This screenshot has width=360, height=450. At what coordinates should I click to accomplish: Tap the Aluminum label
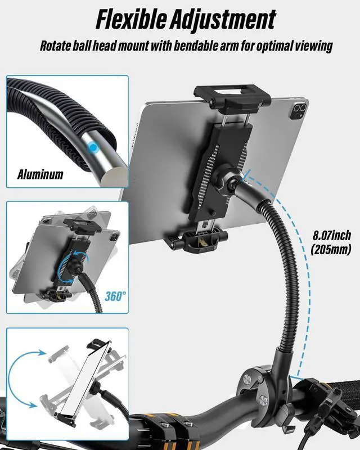[x=39, y=174]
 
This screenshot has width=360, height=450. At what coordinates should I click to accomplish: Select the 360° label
[x=115, y=296]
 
